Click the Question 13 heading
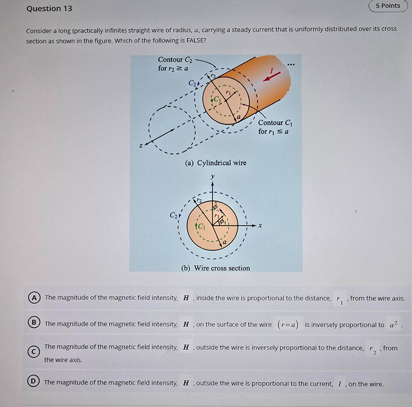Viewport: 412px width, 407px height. [x=49, y=8]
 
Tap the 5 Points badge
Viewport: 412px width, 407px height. [x=388, y=6]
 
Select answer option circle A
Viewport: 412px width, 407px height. [x=34, y=298]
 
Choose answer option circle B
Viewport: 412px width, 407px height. [x=34, y=322]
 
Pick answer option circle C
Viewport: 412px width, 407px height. [x=34, y=352]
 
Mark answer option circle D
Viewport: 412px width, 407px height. [x=33, y=381]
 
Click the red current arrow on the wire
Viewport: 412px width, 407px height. [x=272, y=76]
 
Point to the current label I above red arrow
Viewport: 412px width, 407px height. [x=272, y=70]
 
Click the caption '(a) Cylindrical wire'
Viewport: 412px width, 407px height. [x=216, y=163]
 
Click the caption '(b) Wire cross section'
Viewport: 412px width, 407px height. [x=216, y=268]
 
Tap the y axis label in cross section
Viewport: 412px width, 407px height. [x=212, y=176]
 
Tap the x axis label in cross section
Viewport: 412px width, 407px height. [x=260, y=226]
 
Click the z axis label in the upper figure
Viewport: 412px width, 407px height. [x=141, y=146]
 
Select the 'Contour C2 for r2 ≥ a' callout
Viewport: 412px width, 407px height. [x=175, y=64]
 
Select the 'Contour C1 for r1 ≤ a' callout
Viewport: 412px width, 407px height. [x=275, y=127]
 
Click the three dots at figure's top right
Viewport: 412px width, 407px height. [x=291, y=64]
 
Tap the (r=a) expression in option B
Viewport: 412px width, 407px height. [x=288, y=324]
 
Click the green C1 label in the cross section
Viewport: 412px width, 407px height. [x=201, y=226]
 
